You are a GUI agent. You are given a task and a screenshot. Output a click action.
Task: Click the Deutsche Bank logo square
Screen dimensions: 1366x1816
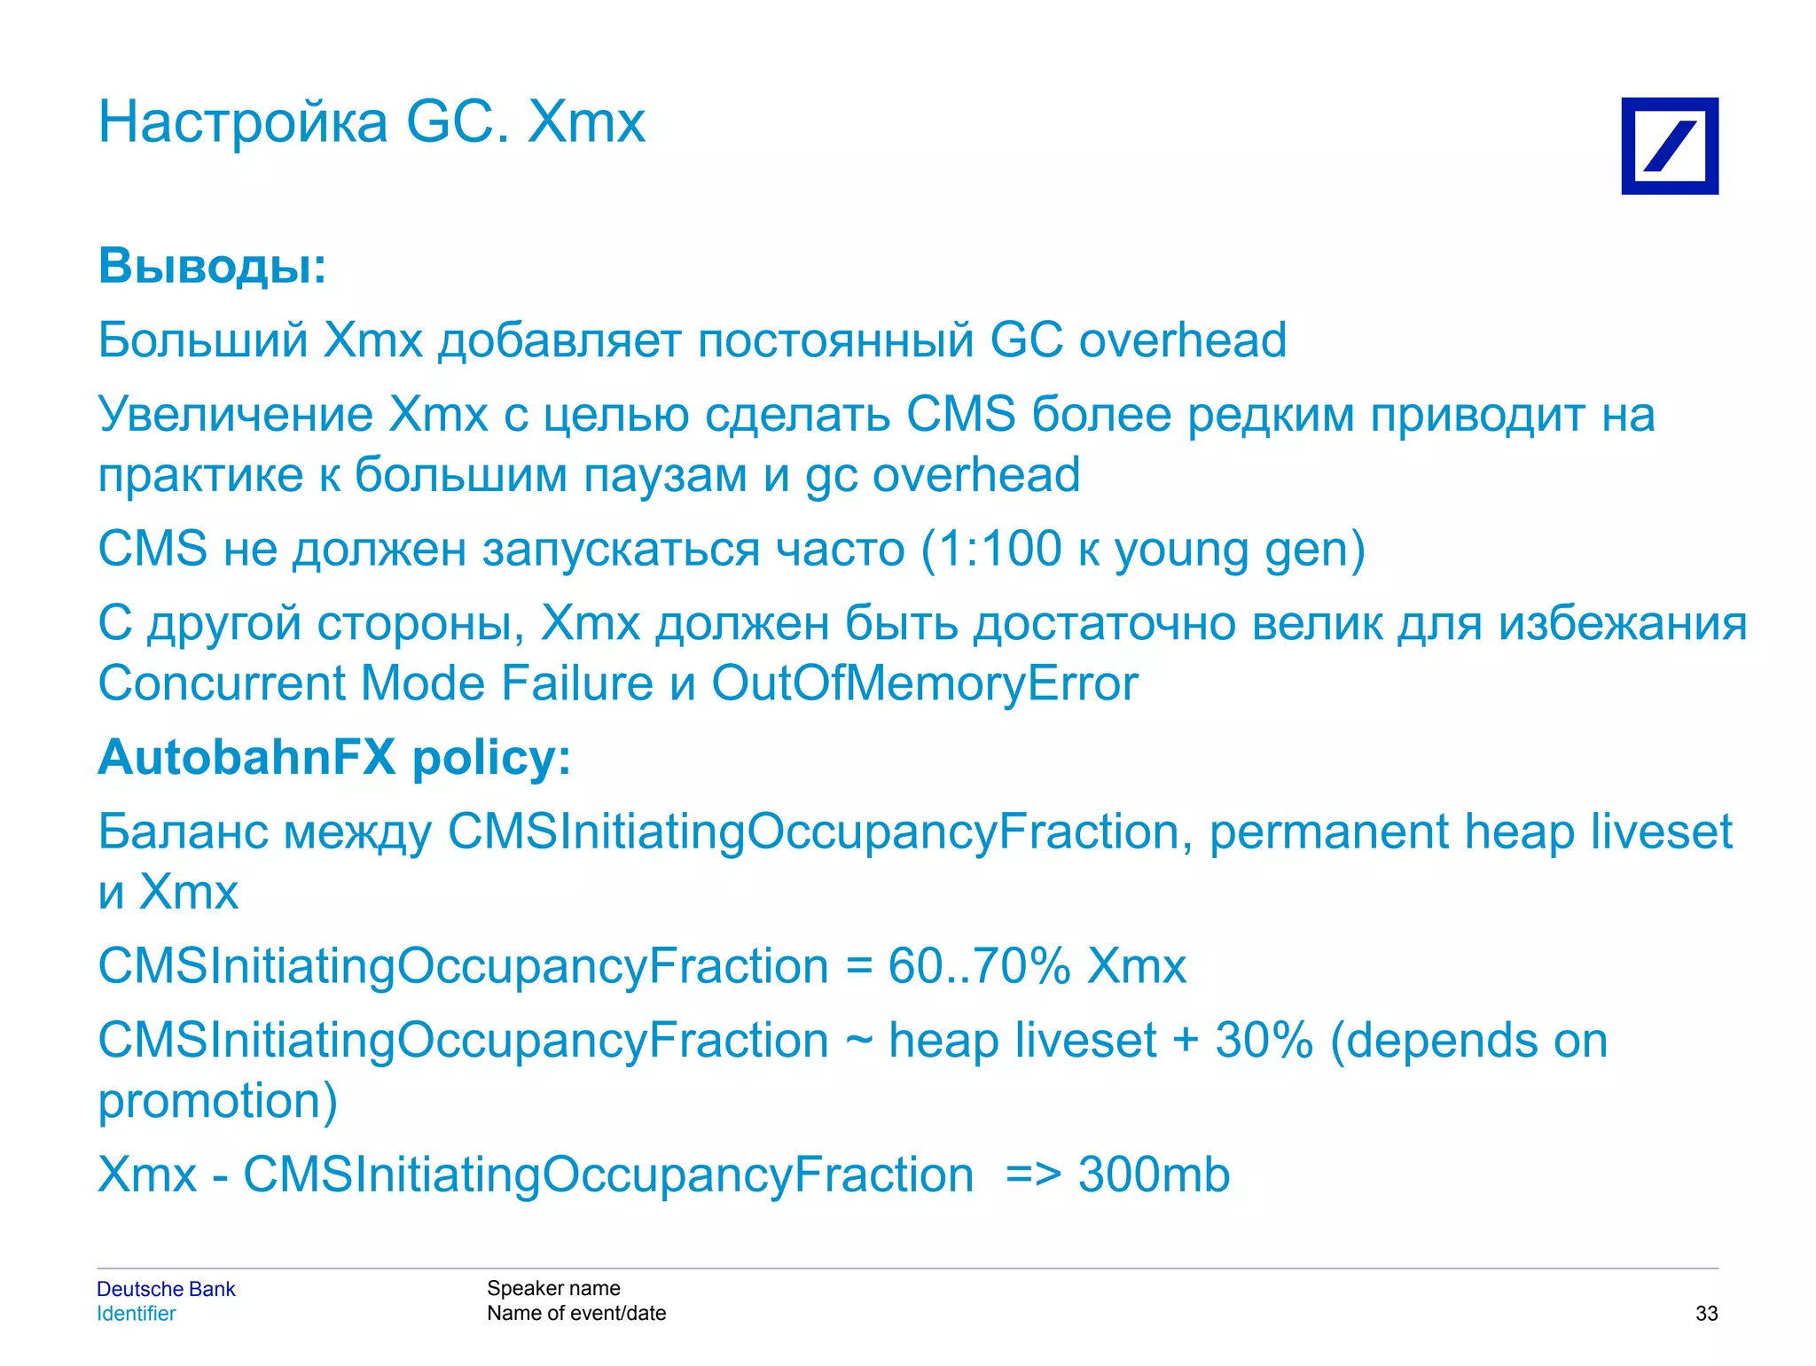coord(1669,146)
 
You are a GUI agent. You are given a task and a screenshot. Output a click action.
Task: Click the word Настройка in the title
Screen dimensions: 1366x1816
coord(243,122)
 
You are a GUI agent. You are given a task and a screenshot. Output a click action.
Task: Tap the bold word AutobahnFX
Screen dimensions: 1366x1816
coord(247,758)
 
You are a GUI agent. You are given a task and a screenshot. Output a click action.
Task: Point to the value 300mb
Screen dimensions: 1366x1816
coord(1154,1175)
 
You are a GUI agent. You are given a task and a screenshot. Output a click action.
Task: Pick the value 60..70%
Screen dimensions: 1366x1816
coord(980,966)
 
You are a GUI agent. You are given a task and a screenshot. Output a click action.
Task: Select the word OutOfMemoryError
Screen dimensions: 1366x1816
coord(925,683)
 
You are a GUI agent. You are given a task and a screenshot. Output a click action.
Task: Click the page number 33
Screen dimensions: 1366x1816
coord(1706,1314)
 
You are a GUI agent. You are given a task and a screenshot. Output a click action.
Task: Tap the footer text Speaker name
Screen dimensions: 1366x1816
coord(553,1288)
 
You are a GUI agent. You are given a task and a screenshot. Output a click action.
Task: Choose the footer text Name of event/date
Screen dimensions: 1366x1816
coord(576,1313)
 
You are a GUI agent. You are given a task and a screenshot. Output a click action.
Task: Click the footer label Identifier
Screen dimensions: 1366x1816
coord(137,1314)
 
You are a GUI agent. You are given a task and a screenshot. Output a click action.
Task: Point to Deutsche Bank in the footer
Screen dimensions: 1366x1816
coord(166,1289)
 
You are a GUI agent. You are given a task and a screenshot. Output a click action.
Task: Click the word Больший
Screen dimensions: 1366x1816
coord(203,340)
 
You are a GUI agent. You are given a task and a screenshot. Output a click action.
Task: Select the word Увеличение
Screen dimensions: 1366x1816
coord(236,415)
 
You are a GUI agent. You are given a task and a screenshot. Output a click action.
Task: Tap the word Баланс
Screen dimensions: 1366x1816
coord(183,832)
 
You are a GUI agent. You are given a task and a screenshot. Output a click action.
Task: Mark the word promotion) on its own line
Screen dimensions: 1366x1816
coord(217,1101)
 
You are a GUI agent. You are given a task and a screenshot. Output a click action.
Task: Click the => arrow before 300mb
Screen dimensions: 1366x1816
coord(1033,1175)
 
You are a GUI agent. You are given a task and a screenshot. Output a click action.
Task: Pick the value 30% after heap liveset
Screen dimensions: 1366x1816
coord(1264,1041)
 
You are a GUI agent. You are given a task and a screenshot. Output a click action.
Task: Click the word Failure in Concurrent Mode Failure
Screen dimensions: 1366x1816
coord(576,683)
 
